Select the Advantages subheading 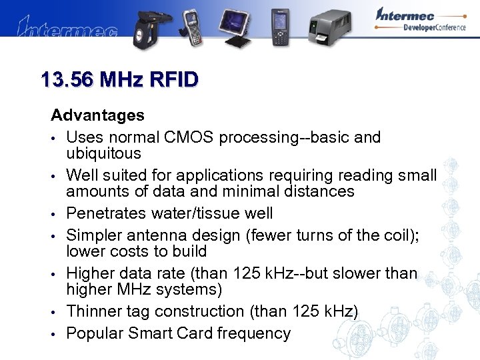pos(97,115)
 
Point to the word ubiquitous pos(103,153)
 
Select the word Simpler pos(94,235)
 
